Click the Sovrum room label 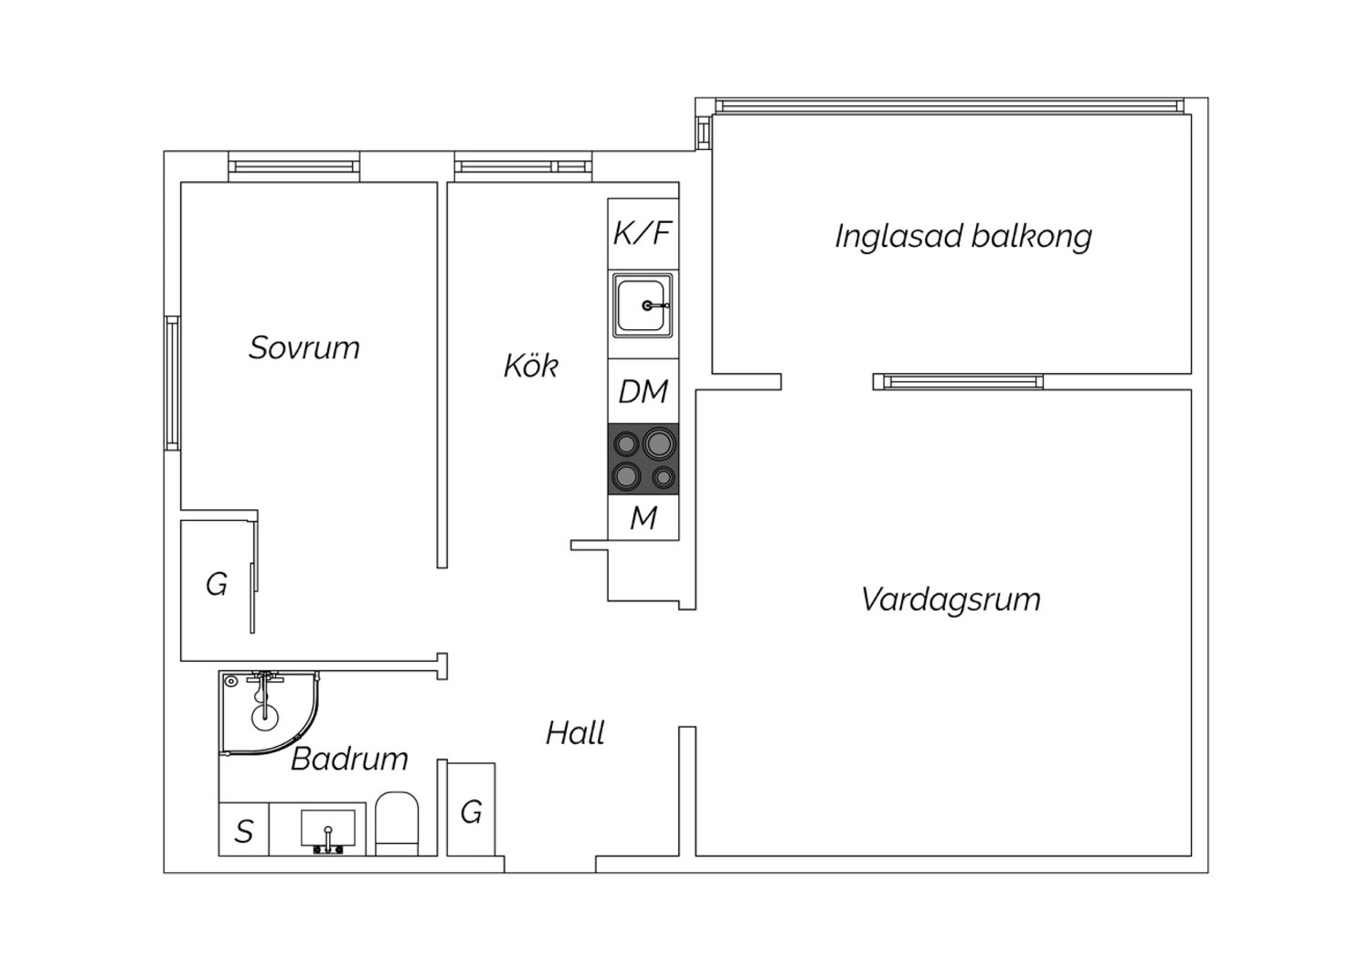pos(304,347)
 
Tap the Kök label pos(531,366)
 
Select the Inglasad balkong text pos(963,237)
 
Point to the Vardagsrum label pos(951,600)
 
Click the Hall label pos(575,733)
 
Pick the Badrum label pos(349,759)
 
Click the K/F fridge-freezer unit pos(643,233)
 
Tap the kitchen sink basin pos(643,305)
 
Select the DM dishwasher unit pos(643,390)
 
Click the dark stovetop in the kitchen pos(643,459)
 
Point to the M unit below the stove pos(643,517)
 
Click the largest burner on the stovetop pos(659,443)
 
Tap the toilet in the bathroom pos(397,824)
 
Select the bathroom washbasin pos(328,829)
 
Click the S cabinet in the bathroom pos(244,829)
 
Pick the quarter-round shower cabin pos(270,714)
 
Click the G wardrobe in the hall pos(471,809)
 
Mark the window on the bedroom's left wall pos(172,383)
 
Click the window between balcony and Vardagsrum pos(959,382)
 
